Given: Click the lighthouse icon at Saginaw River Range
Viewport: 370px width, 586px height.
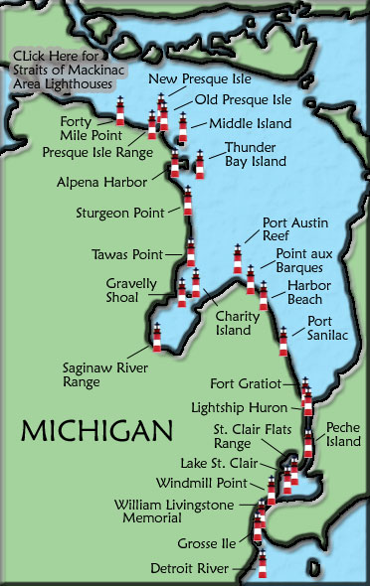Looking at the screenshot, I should point(156,338).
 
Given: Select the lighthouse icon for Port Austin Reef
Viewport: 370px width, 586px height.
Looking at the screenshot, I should point(238,259).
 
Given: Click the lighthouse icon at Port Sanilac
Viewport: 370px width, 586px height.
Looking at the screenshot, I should point(283,341).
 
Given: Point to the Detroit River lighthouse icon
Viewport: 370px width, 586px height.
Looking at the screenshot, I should point(263,563).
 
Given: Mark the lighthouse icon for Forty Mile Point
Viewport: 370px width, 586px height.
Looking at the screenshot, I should point(120,111).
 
